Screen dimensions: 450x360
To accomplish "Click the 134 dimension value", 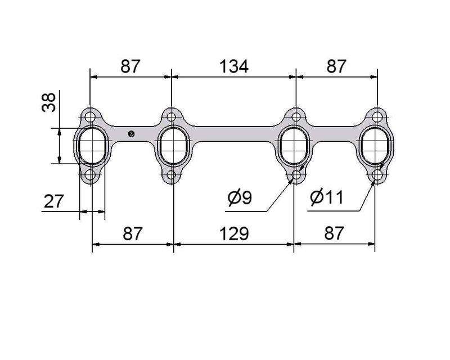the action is (x=234, y=66).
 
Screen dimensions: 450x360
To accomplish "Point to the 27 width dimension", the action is (x=53, y=201).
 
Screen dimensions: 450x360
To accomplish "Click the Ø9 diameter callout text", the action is (x=240, y=197).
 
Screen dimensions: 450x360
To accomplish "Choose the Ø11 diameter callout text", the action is (x=327, y=197).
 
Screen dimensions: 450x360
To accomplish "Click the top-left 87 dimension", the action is (x=130, y=66).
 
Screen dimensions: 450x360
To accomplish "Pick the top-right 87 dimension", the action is (x=336, y=66).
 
